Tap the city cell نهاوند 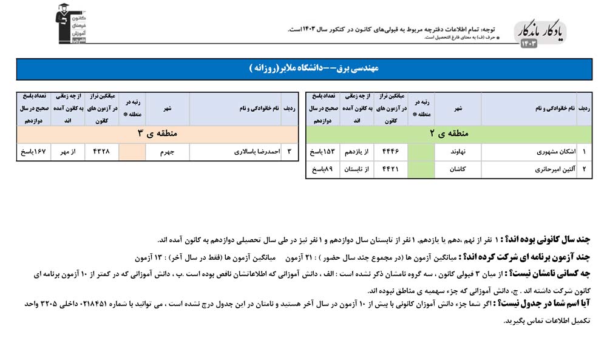(x=458, y=152)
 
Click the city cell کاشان (x=458, y=169)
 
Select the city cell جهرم (x=168, y=152)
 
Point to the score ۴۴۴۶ (x=390, y=152)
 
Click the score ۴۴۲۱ (x=390, y=169)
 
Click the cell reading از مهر (x=68, y=152)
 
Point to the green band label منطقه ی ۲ (x=449, y=134)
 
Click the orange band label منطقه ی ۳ (x=157, y=134)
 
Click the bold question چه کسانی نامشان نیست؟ (x=554, y=273)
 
